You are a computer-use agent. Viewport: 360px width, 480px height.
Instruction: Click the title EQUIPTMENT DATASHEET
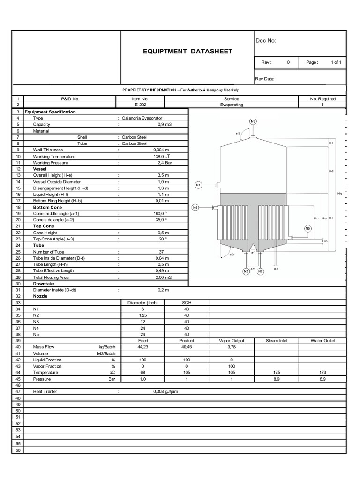[187, 51]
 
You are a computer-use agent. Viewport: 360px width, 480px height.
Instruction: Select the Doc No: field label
[266, 41]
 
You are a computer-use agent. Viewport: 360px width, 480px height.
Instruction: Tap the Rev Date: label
[265, 79]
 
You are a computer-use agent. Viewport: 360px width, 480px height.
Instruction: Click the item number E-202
[140, 105]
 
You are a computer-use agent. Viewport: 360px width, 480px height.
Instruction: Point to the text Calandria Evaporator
[142, 118]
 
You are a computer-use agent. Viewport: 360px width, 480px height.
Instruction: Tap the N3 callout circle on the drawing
[253, 121]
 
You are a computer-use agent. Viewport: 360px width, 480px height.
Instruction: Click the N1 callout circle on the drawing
[198, 185]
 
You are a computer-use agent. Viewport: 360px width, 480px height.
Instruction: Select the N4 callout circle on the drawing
[196, 207]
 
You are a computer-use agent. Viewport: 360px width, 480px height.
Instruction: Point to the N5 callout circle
[307, 228]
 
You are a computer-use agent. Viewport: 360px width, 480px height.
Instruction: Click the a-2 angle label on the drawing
[232, 255]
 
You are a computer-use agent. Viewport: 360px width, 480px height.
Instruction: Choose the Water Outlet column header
[322, 341]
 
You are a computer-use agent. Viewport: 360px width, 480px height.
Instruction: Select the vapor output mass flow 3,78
[232, 347]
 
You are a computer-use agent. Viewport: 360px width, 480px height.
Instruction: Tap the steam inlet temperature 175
[277, 372]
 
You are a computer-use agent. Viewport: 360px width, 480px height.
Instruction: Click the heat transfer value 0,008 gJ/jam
[165, 391]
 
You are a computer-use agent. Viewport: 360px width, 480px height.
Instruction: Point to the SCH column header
[187, 303]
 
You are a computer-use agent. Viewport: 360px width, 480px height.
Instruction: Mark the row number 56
[18, 450]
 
